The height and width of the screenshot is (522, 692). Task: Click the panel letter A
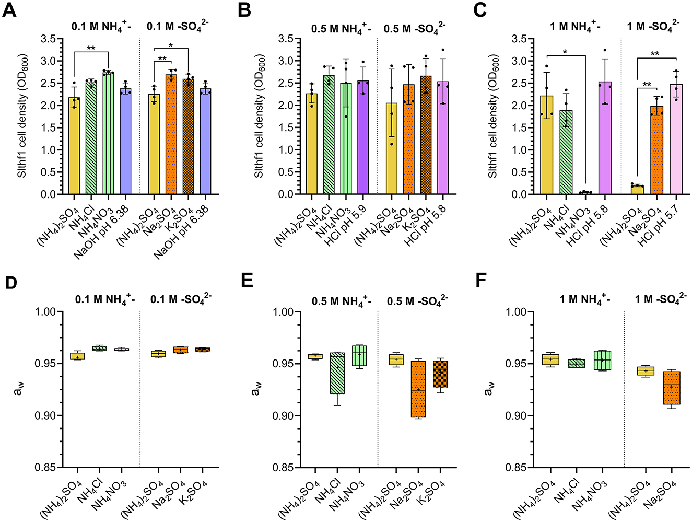pos(9,10)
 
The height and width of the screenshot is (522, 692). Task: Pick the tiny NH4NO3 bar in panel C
pos(585,192)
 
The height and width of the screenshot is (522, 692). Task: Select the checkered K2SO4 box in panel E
pos(440,374)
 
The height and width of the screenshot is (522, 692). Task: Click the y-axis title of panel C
pos(492,116)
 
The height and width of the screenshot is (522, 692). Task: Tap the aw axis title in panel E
pos(256,389)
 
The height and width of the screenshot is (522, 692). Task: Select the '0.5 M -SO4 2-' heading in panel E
pos(417,301)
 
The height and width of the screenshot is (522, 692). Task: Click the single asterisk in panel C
pos(566,52)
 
